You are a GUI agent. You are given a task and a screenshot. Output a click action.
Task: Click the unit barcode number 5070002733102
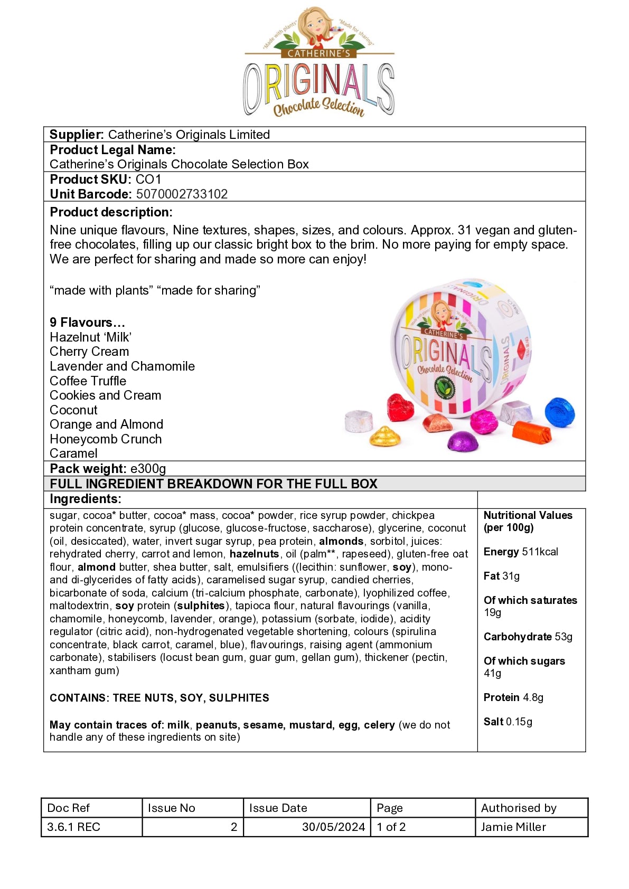coord(182,194)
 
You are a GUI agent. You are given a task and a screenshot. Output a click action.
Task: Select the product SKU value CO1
coord(148,179)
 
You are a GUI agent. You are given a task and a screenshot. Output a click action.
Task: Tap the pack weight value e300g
coord(148,469)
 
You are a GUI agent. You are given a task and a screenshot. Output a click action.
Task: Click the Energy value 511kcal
coord(540,552)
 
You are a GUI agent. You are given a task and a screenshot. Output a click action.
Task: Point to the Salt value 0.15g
coord(519,722)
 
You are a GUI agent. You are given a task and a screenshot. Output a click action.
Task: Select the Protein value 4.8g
coord(533,697)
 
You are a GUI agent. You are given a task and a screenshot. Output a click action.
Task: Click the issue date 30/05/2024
coord(333,827)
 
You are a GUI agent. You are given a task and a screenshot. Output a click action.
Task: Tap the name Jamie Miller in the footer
coord(513,827)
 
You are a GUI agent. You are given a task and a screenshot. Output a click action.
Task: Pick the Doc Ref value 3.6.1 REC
coord(73,827)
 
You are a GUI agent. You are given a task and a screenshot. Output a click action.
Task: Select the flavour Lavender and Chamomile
coord(122,366)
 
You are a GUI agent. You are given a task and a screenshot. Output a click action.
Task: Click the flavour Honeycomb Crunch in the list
coord(106,439)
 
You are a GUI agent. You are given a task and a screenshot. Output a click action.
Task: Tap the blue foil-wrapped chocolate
coord(559,412)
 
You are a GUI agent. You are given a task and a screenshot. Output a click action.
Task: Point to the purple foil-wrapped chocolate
coord(463,441)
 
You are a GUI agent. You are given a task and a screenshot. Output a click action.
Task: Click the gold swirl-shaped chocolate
coord(385,436)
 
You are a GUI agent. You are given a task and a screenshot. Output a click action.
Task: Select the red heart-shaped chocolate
coord(400,408)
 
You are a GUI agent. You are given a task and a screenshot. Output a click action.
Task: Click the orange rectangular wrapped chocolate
coord(532,432)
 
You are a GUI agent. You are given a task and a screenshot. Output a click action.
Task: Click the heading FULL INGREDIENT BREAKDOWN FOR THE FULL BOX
coord(213,484)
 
